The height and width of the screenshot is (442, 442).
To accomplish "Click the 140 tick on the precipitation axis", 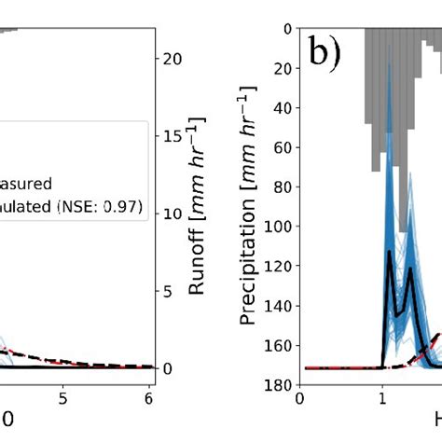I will (x=278, y=305).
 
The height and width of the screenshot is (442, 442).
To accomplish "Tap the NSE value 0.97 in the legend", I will (x=122, y=208).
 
